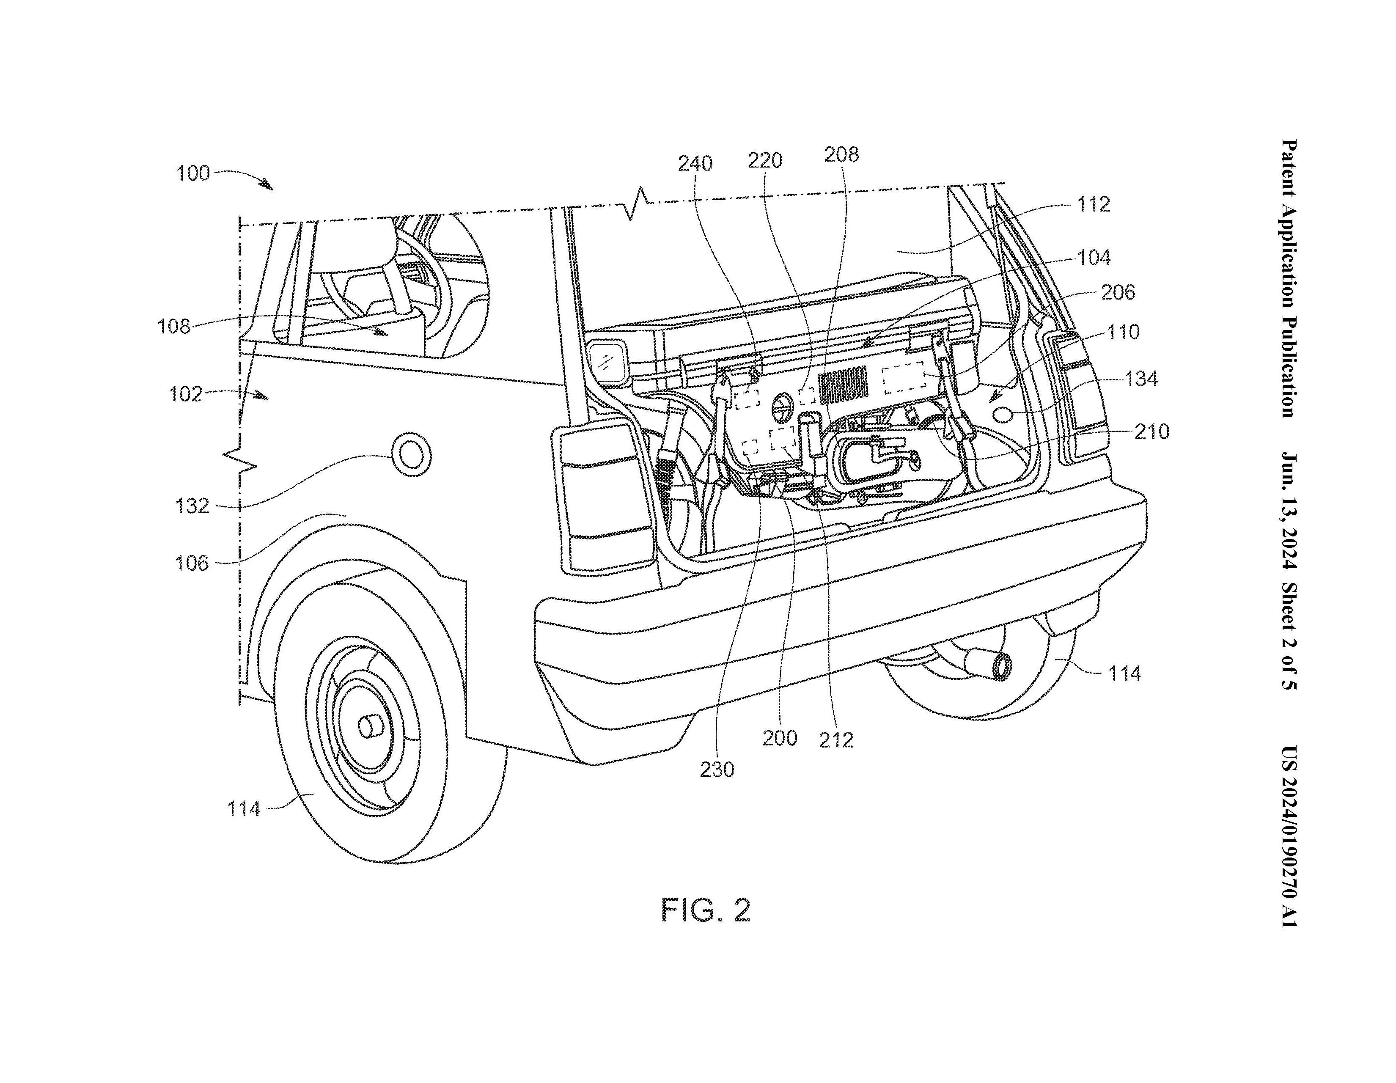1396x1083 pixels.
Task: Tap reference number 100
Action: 193,173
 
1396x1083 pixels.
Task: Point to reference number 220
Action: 765,160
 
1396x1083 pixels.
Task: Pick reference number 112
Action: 1093,205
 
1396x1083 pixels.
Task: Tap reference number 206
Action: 1118,292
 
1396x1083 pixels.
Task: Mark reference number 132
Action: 192,506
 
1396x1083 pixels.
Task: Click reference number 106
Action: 192,563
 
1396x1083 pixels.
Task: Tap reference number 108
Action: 174,327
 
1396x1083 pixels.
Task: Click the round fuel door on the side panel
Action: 410,454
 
